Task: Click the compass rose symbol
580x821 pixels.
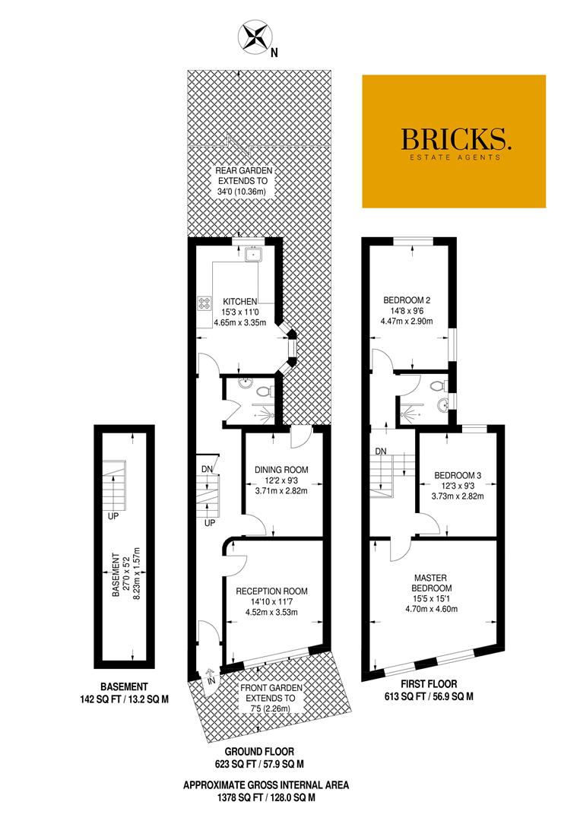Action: coord(255,37)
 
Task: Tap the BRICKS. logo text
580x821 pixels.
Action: coord(455,139)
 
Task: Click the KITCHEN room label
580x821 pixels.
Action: coord(240,302)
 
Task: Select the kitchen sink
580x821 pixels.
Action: coord(254,255)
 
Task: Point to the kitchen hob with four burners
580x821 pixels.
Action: coord(204,303)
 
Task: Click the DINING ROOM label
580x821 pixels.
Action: coord(281,470)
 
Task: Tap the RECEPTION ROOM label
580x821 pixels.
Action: coord(271,591)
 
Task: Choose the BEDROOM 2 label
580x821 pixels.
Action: coord(407,300)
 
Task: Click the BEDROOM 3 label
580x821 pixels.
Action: coord(458,475)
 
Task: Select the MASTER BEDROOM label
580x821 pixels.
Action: coord(431,583)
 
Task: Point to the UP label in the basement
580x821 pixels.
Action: coord(113,515)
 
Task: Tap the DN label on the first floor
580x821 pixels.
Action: coord(381,452)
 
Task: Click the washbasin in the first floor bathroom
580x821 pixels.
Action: coord(444,404)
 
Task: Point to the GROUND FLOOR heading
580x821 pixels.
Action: coord(260,752)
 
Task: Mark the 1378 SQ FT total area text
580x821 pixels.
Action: coord(266,798)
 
